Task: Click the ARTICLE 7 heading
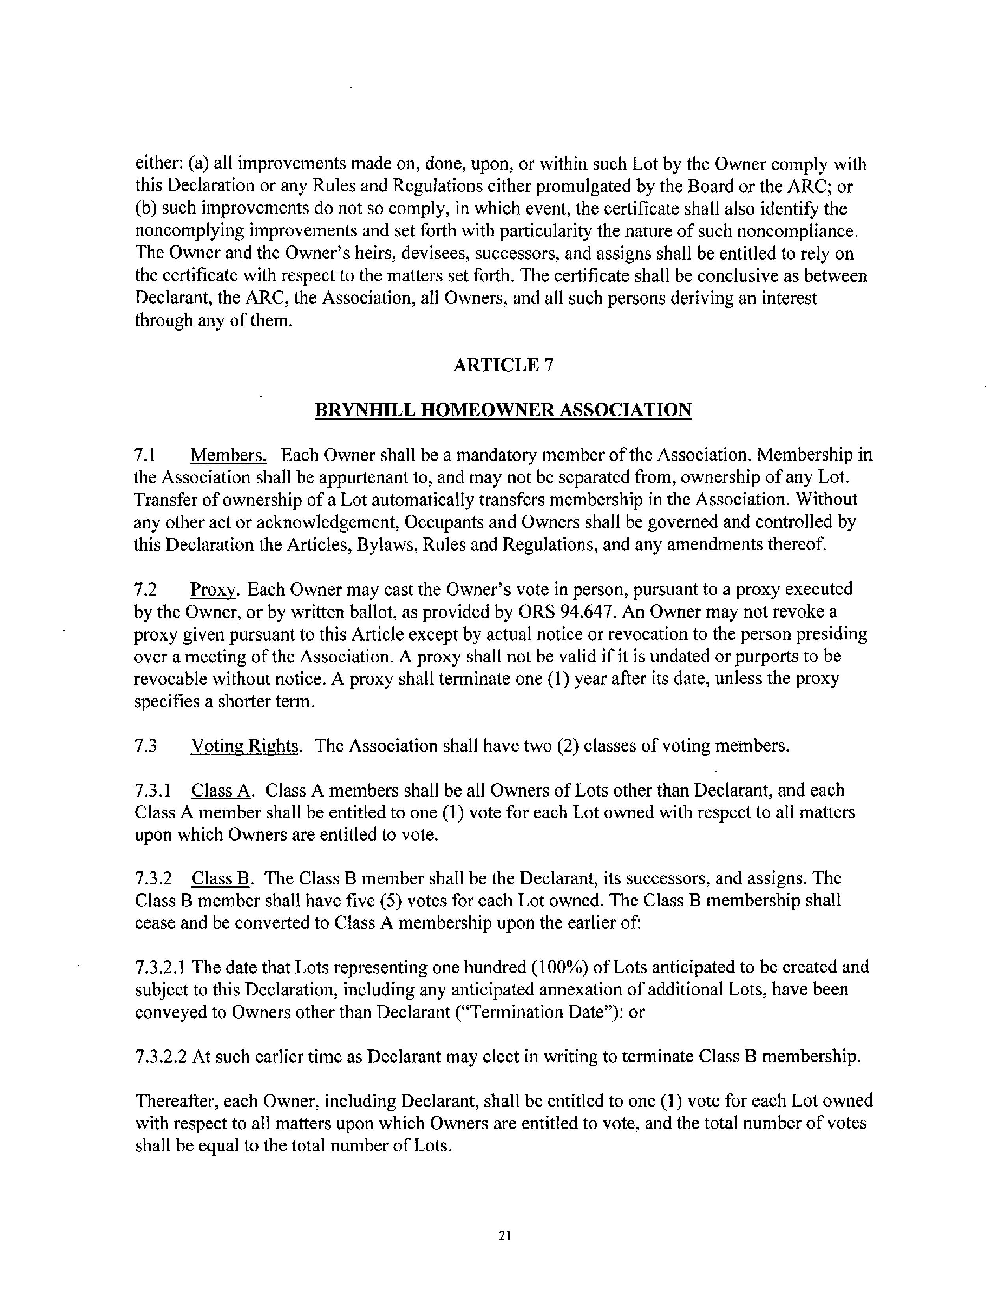pos(503,365)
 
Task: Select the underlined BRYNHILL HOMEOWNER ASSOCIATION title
pos(503,410)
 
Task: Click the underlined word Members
pos(229,455)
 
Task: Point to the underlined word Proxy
pos(214,589)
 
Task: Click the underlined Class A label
pos(222,791)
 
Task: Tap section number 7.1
pos(145,455)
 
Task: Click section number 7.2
pos(145,589)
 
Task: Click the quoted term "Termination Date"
pos(542,1012)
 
